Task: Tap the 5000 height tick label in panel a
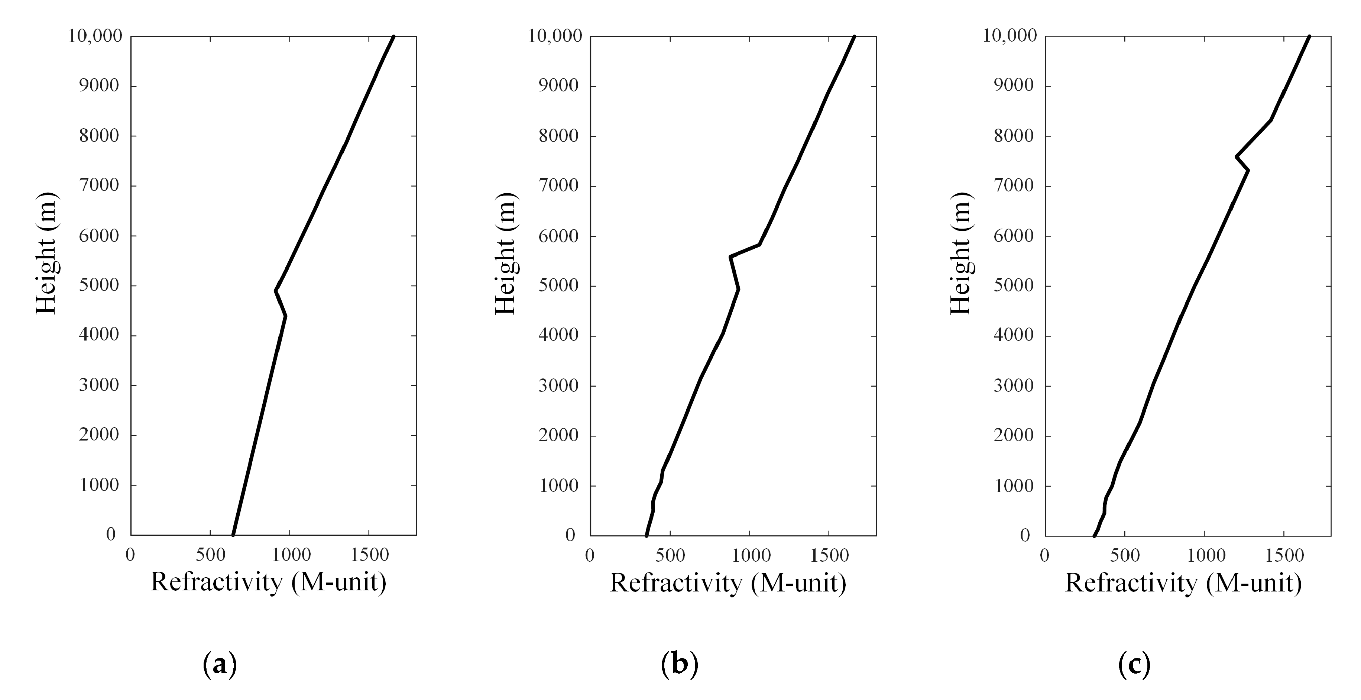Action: (99, 286)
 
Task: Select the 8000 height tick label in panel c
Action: (1013, 136)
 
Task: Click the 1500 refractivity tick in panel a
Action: (369, 555)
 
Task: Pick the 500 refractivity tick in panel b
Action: (670, 555)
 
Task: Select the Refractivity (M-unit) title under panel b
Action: (728, 583)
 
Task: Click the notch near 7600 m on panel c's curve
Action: (1237, 157)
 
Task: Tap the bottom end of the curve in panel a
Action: (233, 535)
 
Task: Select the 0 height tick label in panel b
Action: (570, 535)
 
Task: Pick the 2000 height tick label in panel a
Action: (99, 435)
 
